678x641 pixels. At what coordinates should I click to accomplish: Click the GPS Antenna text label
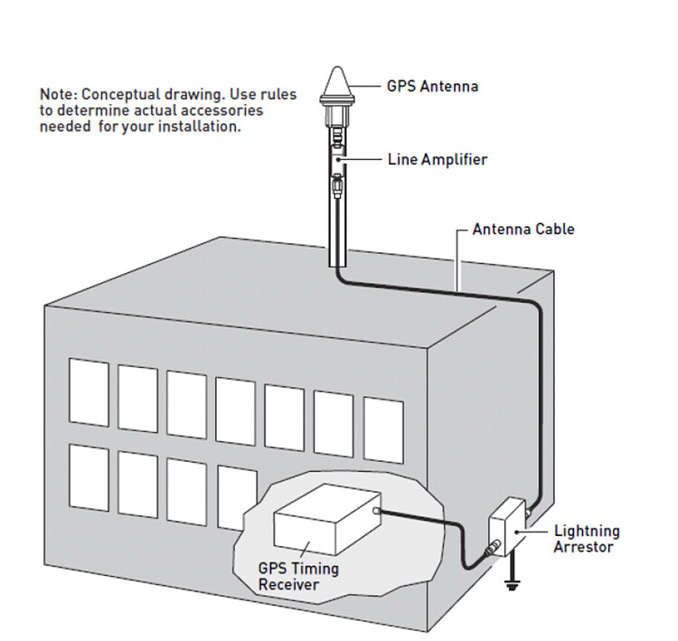(x=432, y=88)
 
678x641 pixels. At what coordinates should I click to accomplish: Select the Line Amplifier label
(x=438, y=160)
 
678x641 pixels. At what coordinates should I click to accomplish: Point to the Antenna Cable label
(x=523, y=230)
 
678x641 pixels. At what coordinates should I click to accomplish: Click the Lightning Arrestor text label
(x=586, y=539)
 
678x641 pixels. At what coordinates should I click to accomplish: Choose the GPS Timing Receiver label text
(x=297, y=577)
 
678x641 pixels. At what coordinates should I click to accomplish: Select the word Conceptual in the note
(x=121, y=94)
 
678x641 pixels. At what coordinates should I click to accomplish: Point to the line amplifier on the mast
(x=336, y=159)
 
